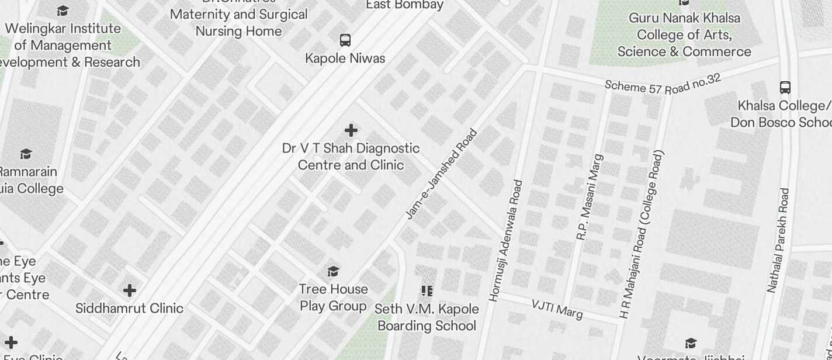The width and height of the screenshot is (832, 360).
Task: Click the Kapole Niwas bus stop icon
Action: [x=345, y=40]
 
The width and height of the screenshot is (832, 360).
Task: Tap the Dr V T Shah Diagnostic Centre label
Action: [x=351, y=157]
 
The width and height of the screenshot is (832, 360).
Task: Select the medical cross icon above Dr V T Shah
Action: [x=351, y=130]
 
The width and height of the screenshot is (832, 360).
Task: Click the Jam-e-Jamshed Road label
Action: [x=441, y=175]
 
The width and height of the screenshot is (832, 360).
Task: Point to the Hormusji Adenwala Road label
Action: [x=506, y=241]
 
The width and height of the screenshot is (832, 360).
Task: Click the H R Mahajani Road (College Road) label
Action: [x=642, y=234]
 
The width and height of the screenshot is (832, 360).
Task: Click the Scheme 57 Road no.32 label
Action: [x=663, y=84]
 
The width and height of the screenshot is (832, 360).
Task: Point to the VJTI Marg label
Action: [x=557, y=309]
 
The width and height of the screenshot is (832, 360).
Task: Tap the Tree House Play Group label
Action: [x=333, y=297]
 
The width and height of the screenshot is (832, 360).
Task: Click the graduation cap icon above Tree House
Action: [x=334, y=271]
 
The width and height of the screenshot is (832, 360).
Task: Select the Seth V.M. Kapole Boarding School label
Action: [x=427, y=317]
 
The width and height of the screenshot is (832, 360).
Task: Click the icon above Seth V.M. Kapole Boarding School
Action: [x=427, y=290]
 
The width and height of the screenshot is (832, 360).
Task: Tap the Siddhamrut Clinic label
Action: [x=129, y=308]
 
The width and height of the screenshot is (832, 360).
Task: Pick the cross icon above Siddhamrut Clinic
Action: [x=130, y=290]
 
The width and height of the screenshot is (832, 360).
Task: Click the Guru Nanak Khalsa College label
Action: [x=684, y=34]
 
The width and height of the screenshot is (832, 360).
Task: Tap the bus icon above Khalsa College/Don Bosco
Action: [x=785, y=88]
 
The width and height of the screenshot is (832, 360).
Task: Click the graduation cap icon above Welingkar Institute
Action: [x=63, y=11]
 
